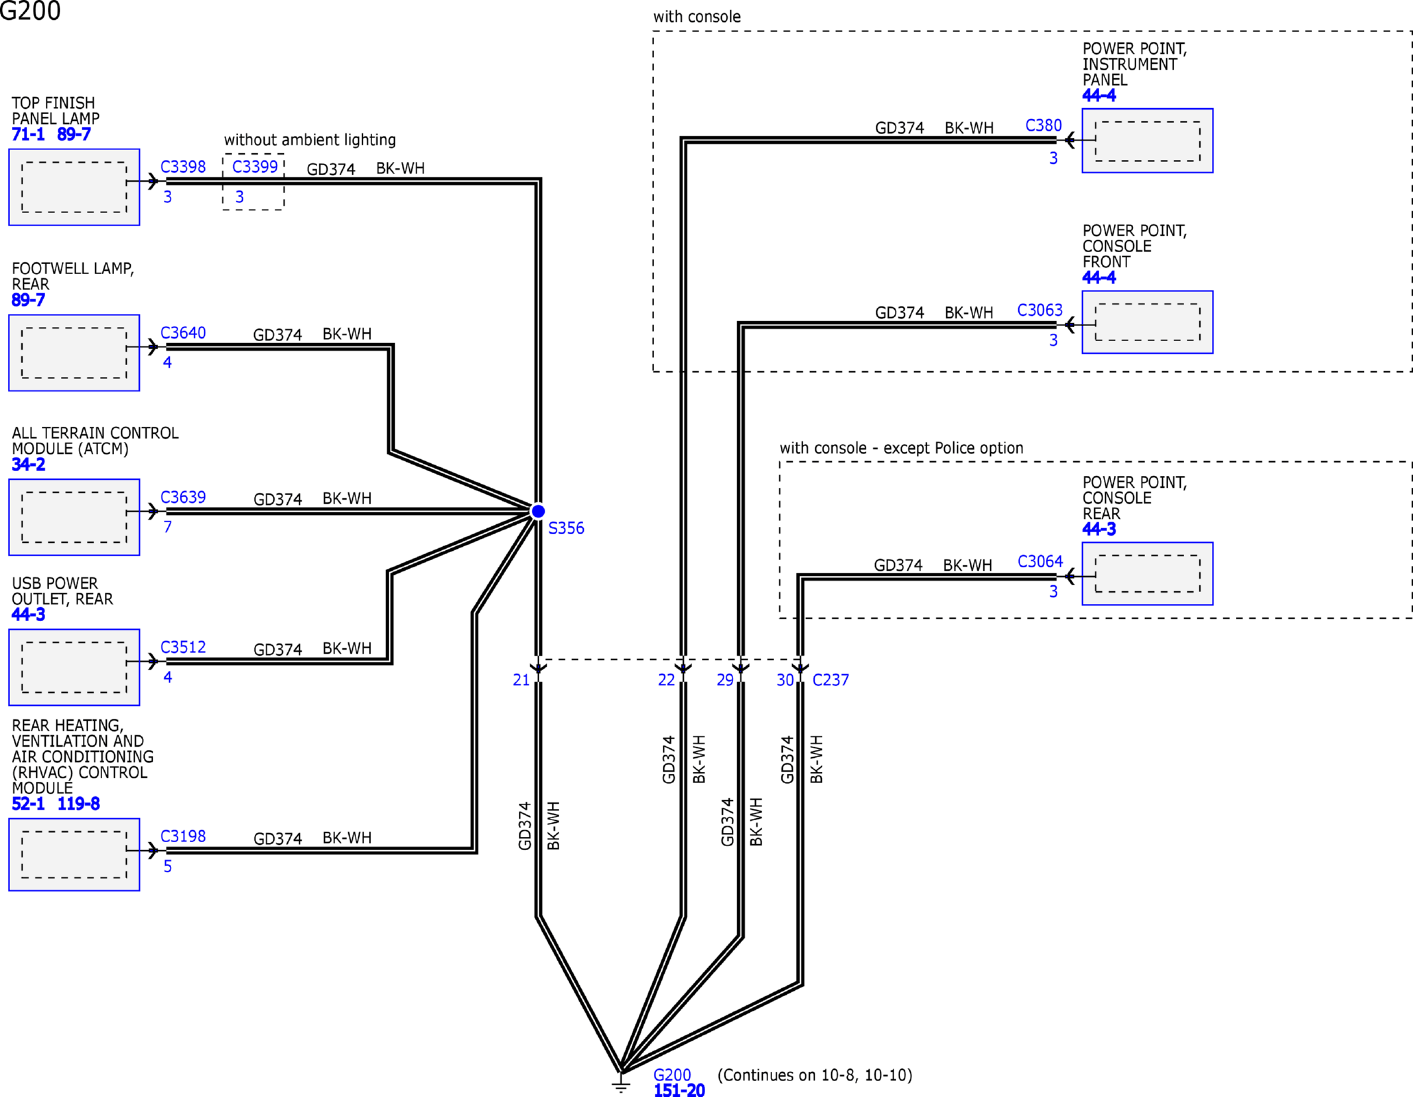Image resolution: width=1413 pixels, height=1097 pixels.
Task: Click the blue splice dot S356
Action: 538,511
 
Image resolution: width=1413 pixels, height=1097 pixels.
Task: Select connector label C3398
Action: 183,167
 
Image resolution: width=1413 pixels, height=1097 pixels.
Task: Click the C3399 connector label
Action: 255,167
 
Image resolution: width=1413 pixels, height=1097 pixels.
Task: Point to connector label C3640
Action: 183,332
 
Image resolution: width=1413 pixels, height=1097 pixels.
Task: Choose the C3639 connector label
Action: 183,497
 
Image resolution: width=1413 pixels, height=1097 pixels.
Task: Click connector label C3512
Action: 183,647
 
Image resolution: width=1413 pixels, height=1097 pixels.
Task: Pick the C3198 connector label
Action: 183,836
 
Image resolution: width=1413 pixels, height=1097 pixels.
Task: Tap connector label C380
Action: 1043,125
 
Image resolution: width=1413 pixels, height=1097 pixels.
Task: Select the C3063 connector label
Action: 1040,310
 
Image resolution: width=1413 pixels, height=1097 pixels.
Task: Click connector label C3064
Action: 1040,561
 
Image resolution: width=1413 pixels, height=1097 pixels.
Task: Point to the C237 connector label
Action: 831,680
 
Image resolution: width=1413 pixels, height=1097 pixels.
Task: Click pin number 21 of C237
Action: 521,680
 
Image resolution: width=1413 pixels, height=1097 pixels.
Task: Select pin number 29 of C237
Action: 725,680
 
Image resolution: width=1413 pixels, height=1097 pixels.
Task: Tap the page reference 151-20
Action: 679,1090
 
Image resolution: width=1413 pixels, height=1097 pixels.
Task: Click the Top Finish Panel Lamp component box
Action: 74,187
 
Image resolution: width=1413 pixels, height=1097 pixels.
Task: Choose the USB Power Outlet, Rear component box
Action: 74,667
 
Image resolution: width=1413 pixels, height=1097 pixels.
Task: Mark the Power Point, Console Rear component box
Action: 1147,573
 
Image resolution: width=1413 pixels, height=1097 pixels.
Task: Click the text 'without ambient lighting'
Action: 310,140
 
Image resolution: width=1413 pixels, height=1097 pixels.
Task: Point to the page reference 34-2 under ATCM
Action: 29,465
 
